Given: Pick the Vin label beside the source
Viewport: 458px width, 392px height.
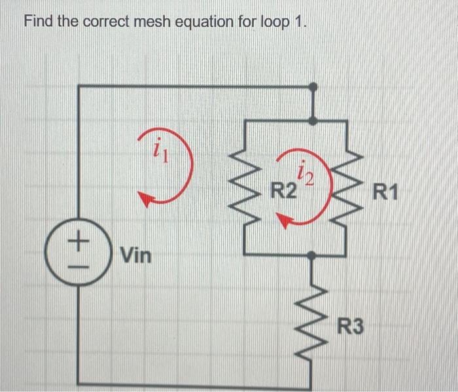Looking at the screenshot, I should [135, 255].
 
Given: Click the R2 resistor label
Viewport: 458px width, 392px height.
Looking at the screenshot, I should [283, 193].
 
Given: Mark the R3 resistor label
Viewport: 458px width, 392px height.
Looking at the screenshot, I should [351, 325].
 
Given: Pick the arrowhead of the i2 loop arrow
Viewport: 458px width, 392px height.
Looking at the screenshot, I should [285, 223].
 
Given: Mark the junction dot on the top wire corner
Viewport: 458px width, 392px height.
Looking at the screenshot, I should [315, 86].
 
